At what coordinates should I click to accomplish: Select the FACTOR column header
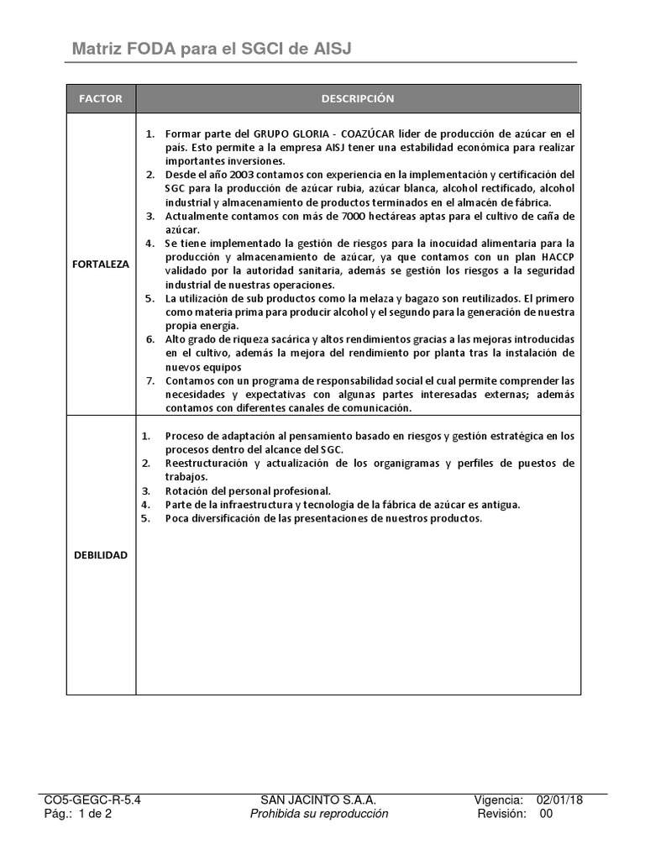click(101, 99)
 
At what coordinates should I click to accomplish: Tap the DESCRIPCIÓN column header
click(358, 99)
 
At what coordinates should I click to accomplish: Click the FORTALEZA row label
click(101, 264)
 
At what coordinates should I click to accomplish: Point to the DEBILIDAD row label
click(101, 555)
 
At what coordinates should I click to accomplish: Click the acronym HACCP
click(554, 257)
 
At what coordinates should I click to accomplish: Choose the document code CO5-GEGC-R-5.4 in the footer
click(92, 800)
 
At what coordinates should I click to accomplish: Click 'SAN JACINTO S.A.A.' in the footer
click(319, 800)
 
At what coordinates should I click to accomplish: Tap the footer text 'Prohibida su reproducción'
click(319, 814)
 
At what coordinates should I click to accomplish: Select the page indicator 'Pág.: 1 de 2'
click(78, 814)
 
